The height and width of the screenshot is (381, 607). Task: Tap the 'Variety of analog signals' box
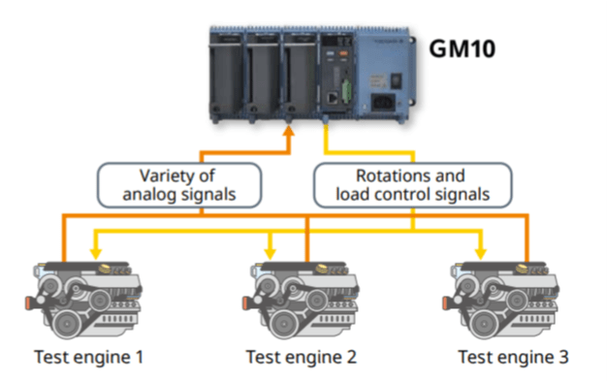(x=179, y=185)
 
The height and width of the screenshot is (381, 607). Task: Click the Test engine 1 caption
(x=89, y=357)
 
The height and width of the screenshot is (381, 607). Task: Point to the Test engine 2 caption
(x=301, y=357)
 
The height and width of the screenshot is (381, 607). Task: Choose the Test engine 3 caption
(x=513, y=357)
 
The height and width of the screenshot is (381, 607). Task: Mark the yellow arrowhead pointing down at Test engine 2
(x=269, y=254)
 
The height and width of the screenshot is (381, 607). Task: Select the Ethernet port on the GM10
(x=333, y=98)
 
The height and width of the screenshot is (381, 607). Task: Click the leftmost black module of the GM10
(x=227, y=73)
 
